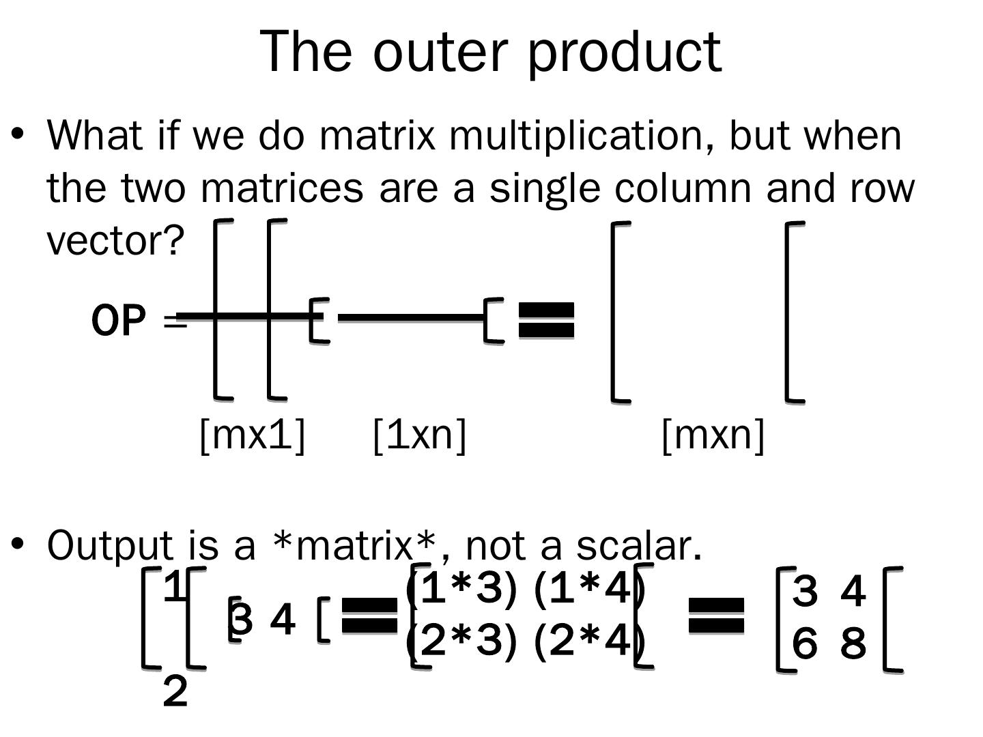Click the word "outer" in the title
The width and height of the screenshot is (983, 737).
coord(449,52)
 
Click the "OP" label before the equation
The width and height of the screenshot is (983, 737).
coord(119,321)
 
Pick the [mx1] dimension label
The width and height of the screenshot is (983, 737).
coord(252,434)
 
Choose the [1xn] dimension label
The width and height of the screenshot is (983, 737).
coord(420,434)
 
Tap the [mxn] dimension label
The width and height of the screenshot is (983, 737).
coord(713,434)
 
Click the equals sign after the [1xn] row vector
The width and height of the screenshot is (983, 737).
coord(547,320)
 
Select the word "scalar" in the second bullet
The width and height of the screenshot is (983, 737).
coord(638,545)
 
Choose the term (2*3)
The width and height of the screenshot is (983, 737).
coord(461,641)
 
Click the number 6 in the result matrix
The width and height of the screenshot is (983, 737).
coord(805,643)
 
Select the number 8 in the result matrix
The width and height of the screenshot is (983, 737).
coord(853,643)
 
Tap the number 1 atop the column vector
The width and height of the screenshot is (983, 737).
coord(175,586)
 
